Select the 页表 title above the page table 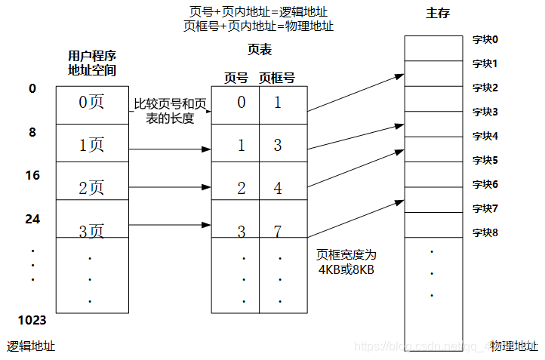[259, 50]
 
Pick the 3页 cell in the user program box [91, 231]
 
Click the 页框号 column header [276, 77]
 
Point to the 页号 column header [236, 77]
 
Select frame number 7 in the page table [278, 230]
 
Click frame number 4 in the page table [278, 189]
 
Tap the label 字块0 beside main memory [485, 39]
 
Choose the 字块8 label [485, 232]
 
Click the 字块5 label [485, 160]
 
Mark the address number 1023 [32, 320]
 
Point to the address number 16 [32, 175]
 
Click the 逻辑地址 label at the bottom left [31, 346]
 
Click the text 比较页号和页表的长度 [170, 111]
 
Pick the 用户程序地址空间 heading [91, 63]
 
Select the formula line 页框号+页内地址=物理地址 [258, 26]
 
